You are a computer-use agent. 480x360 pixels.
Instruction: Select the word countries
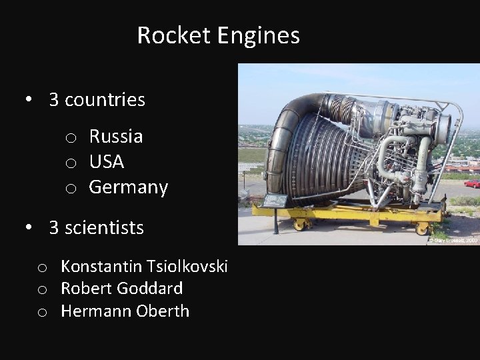pyautogui.click(x=105, y=100)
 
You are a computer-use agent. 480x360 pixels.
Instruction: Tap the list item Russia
pyautogui.click(x=116, y=137)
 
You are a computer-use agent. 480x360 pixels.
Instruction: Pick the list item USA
pyautogui.click(x=107, y=162)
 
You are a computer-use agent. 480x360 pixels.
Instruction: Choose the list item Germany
pyautogui.click(x=129, y=188)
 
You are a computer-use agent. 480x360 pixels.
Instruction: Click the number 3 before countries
pyautogui.click(x=54, y=100)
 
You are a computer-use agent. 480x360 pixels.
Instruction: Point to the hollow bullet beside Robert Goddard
pyautogui.click(x=42, y=290)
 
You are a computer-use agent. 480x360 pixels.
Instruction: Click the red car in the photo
pyautogui.click(x=472, y=183)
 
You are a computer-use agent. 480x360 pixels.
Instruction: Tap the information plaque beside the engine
pyautogui.click(x=275, y=201)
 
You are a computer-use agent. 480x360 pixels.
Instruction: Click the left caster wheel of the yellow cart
pyautogui.click(x=299, y=225)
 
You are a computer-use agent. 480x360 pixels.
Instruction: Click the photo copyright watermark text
pyautogui.click(x=454, y=239)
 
